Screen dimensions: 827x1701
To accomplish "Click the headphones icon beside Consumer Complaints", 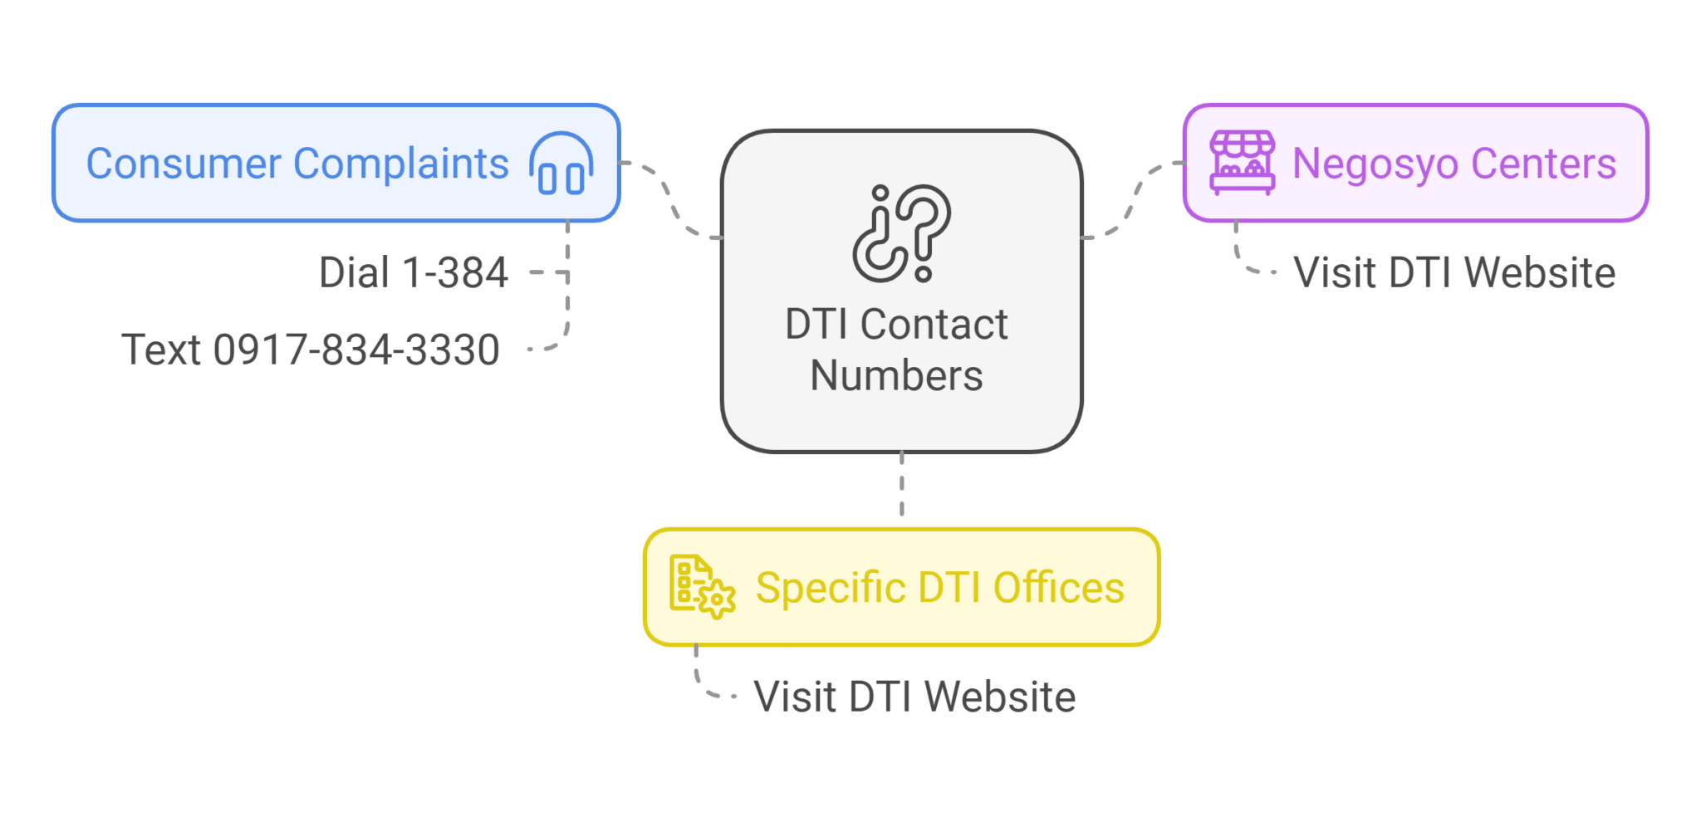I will tap(561, 164).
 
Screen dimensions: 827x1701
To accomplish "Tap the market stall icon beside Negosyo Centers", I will tap(1242, 163).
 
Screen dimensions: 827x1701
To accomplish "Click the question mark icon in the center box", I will tap(902, 233).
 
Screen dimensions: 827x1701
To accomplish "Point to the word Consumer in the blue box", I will tap(184, 164).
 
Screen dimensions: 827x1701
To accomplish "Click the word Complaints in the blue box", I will tap(401, 164).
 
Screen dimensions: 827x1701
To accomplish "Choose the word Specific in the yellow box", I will tap(828, 588).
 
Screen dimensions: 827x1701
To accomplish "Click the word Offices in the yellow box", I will tap(1059, 588).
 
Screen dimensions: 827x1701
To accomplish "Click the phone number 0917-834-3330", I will tap(356, 350).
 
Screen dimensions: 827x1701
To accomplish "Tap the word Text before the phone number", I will tap(161, 350).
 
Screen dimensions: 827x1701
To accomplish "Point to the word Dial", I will tap(354, 272).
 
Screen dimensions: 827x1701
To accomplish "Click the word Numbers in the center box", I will tap(896, 375).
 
